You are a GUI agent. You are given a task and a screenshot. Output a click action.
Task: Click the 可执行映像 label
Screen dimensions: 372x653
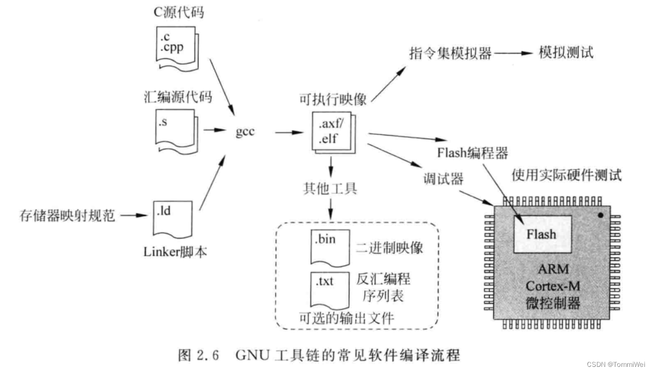[x=333, y=99]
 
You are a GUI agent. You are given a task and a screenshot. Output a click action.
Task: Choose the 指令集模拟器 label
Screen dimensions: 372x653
[x=450, y=53]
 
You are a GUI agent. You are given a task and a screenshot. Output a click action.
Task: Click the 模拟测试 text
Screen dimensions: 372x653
[x=566, y=53]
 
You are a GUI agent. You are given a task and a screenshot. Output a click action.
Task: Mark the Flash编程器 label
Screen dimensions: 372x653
[x=472, y=153]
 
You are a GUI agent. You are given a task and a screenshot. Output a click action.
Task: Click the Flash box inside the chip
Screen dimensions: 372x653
[x=541, y=234]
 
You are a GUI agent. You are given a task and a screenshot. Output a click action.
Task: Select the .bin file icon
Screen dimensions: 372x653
[x=326, y=248]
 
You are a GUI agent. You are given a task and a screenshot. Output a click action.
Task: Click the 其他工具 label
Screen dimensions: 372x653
[x=330, y=189]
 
